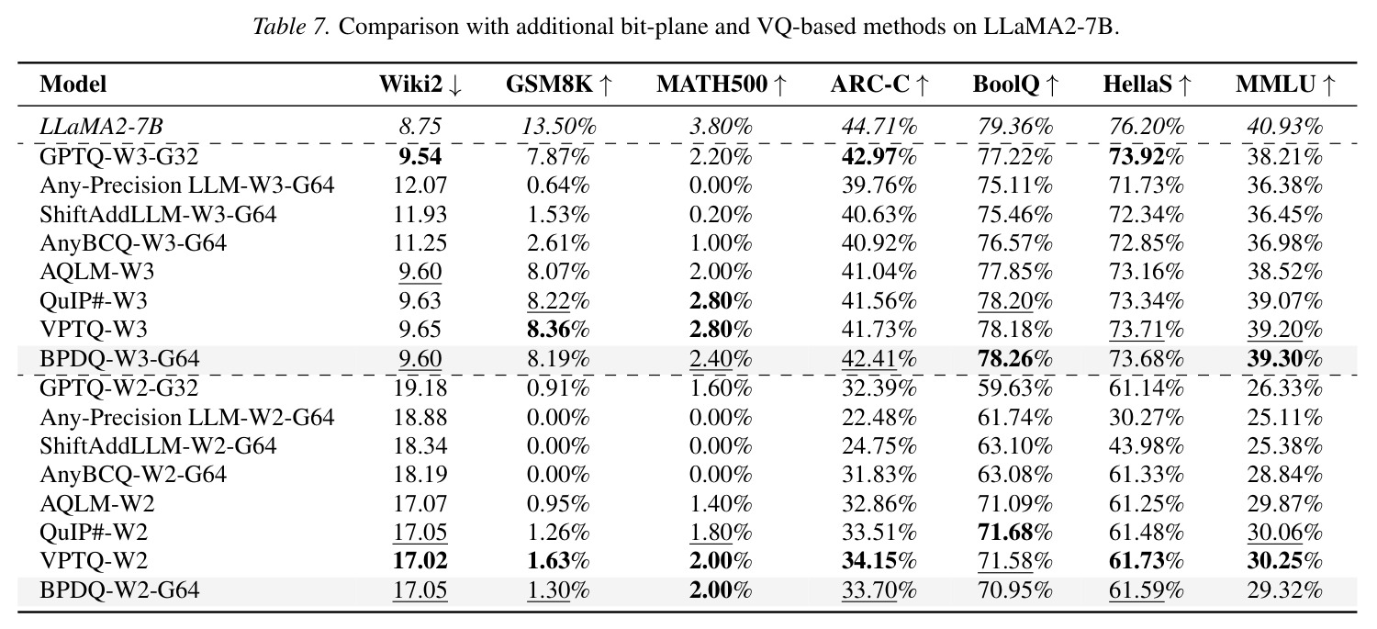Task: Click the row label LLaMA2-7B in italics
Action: coord(101,126)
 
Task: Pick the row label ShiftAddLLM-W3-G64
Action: coord(158,214)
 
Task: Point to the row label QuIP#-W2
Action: coord(94,532)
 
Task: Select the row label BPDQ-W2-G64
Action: coord(119,590)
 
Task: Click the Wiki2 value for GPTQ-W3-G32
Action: coord(420,156)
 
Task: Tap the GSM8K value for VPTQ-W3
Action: coord(558,330)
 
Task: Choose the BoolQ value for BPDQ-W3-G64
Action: coord(1015,358)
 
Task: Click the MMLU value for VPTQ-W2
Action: coord(1285,561)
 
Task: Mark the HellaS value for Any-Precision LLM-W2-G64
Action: coord(1147,417)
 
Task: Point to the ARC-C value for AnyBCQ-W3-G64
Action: coord(879,242)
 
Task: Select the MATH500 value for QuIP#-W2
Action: coord(721,532)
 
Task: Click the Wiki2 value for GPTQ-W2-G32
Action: coord(420,388)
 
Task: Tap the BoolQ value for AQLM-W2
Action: coord(1015,503)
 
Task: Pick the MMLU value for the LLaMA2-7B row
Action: coord(1285,126)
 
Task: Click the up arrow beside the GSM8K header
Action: coord(606,85)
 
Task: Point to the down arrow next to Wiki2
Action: coord(455,85)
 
